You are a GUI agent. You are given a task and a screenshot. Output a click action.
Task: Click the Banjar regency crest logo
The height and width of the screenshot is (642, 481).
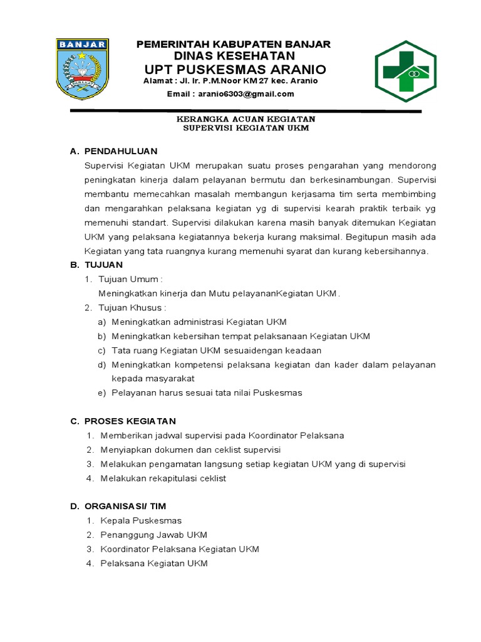coord(83,68)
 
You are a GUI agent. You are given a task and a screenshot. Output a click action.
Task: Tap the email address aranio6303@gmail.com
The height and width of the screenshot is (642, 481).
coord(230,94)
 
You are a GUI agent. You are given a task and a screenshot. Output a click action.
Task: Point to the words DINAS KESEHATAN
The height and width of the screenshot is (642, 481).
coord(234,56)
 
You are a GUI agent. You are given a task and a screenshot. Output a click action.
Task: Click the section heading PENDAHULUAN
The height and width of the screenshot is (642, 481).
coord(120,151)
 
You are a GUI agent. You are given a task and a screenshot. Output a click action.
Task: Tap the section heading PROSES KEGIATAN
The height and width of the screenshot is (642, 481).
coord(130,421)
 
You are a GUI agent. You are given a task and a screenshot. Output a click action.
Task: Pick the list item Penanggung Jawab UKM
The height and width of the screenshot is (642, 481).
coord(153,535)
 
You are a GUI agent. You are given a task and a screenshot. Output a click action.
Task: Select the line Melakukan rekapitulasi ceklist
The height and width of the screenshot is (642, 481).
coord(163,478)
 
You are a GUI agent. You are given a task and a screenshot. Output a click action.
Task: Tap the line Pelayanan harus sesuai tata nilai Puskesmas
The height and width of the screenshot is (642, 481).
coord(207,392)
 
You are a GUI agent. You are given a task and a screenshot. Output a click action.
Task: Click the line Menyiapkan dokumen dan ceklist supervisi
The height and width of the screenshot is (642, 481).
coord(190,450)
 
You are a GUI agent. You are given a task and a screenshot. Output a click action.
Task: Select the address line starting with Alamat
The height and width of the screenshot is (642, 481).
coord(230,80)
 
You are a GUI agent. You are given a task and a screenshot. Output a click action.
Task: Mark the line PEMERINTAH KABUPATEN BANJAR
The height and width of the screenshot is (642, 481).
coord(234,44)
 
